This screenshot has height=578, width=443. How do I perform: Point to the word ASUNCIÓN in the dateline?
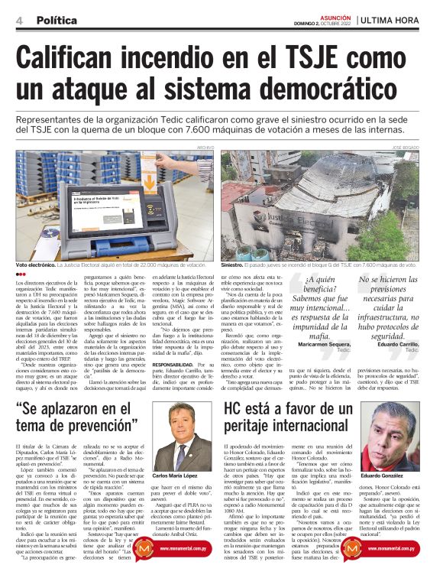tap(333, 15)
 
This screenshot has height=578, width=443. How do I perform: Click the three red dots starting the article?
tap(21, 274)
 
